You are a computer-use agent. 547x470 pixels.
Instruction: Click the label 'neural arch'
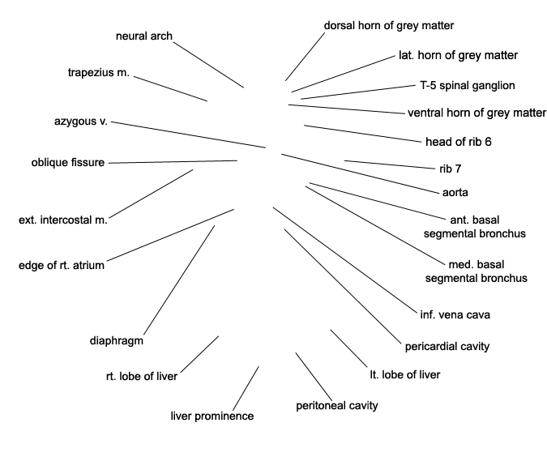point(144,36)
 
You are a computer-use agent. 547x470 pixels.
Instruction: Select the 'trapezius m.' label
point(99,73)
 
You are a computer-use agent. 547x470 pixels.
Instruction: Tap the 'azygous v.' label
point(81,122)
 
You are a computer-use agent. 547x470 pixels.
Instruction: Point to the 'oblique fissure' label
point(68,163)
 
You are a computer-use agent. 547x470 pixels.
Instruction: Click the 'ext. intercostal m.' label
point(63,219)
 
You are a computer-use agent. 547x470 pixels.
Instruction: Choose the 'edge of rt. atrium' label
point(62,265)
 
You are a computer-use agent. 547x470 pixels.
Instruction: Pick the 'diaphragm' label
point(117,340)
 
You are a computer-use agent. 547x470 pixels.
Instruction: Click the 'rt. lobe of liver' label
point(142,375)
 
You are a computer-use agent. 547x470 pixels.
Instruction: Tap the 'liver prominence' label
point(212,416)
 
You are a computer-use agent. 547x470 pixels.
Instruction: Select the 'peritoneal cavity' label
point(337,405)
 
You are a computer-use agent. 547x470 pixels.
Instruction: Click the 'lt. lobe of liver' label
point(405,374)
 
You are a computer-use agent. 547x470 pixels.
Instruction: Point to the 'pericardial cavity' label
point(447,346)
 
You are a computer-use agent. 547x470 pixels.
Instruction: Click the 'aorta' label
point(451,193)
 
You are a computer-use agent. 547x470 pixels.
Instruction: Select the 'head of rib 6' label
point(459,142)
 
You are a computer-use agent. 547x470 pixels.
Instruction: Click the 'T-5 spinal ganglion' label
point(467,85)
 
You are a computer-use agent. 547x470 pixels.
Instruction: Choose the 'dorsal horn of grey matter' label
point(389,25)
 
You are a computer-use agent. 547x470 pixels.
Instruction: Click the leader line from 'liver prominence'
point(246,388)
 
